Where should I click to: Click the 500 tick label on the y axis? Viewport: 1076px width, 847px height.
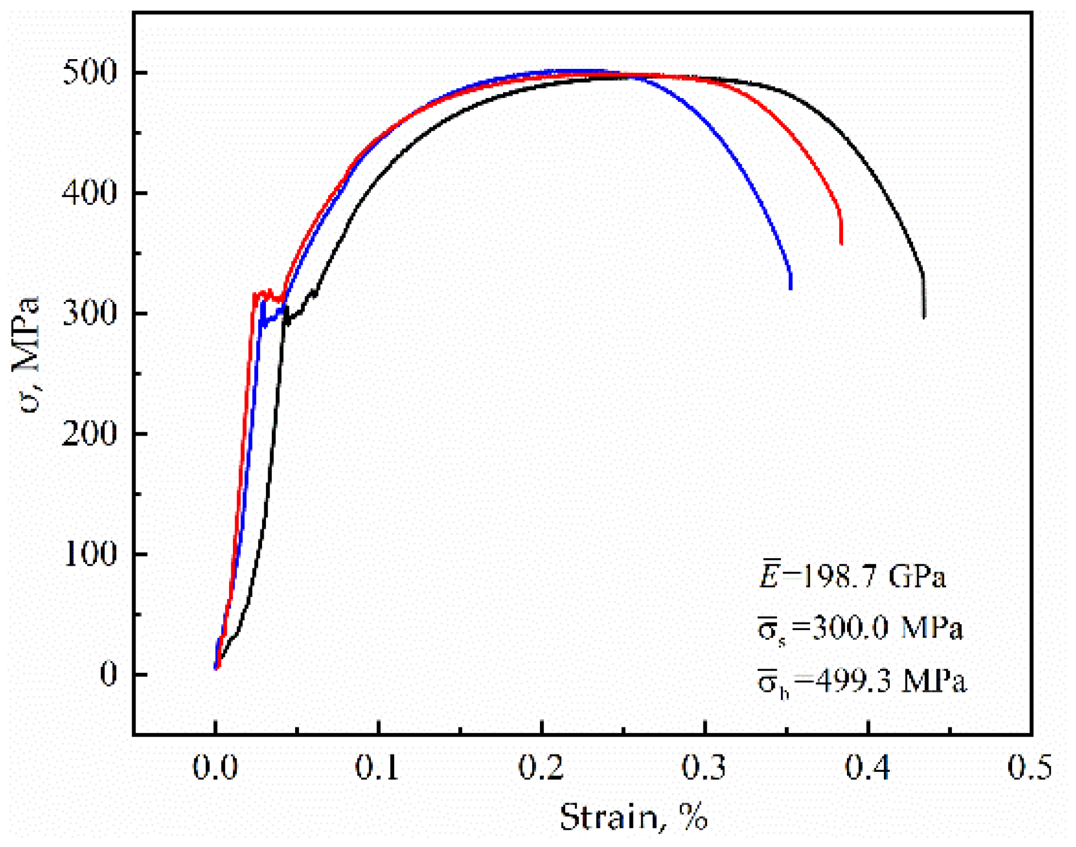coord(89,72)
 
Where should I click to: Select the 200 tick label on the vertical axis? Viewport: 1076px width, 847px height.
coord(89,433)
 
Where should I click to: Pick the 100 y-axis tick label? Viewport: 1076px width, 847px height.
coord(89,554)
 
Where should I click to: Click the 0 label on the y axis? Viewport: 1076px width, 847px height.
coord(108,674)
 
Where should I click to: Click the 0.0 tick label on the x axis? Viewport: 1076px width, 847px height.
coord(215,767)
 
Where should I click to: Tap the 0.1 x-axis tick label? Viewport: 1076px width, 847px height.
coord(378,767)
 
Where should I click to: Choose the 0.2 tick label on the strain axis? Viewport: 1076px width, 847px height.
coord(541,767)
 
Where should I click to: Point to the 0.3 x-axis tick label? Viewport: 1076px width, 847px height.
coord(705,767)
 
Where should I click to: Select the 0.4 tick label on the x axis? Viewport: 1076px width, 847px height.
coord(868,767)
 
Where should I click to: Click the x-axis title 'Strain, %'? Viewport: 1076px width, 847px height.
coord(634,817)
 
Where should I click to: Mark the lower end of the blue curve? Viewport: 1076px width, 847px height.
coord(791,288)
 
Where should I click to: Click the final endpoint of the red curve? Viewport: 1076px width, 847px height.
coord(841,243)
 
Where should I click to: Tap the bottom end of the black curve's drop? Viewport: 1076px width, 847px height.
coord(924,317)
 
